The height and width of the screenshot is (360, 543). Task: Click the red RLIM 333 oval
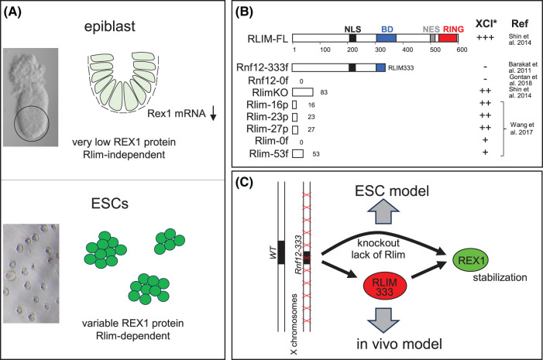point(385,286)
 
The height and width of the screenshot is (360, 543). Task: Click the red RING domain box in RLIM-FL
point(448,38)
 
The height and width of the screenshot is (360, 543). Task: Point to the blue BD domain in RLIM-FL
point(386,38)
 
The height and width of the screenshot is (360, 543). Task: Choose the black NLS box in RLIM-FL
point(352,38)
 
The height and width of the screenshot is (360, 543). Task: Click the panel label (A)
point(12,12)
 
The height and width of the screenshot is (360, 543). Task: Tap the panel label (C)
point(244,183)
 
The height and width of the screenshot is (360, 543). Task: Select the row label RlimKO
point(270,92)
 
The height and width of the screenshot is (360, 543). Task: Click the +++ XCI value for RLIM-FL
point(485,37)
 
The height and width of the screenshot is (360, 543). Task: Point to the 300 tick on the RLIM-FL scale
point(380,50)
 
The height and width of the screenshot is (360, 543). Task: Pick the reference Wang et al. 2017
point(521,129)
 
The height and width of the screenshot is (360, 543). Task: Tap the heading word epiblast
point(110,26)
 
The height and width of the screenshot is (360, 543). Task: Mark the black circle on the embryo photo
point(32,124)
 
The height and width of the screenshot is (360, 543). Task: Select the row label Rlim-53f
point(269,153)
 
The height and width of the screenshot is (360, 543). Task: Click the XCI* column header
point(486,23)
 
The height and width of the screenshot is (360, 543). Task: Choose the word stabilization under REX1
point(500,278)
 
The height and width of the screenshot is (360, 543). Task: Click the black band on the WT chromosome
point(281,252)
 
